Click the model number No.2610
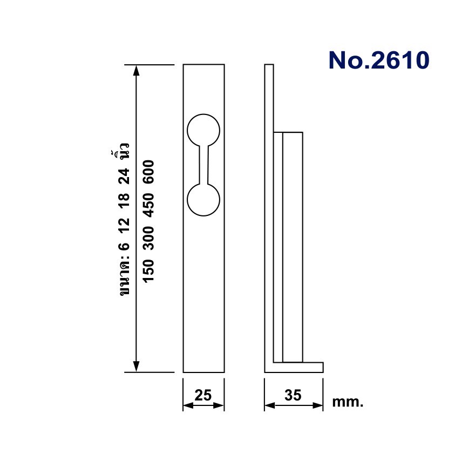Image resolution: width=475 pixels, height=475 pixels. tap(379, 60)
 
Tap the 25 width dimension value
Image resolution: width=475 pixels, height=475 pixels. tap(203, 395)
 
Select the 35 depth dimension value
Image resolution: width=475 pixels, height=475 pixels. tap(293, 395)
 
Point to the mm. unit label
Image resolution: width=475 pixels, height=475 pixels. tap(348, 402)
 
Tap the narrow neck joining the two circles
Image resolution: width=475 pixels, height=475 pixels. tap(203, 165)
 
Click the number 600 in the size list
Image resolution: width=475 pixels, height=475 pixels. tap(148, 172)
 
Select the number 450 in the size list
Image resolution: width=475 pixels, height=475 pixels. tap(148, 206)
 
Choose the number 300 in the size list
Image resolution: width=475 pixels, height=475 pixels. tap(148, 239)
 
